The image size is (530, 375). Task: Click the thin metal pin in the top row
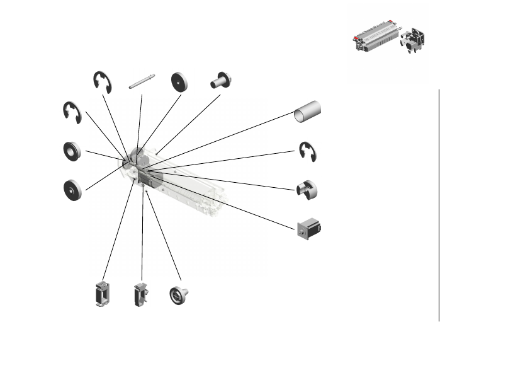[142, 83]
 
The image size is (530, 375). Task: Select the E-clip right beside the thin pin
[102, 83]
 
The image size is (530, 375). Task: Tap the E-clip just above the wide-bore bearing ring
[72, 112]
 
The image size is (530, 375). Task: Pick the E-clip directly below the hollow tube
[308, 152]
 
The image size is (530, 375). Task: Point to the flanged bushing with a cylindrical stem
[222, 81]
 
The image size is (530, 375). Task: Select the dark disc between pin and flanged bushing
[181, 82]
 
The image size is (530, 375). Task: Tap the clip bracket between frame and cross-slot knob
[140, 295]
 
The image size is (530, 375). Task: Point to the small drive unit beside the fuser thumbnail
[414, 39]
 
